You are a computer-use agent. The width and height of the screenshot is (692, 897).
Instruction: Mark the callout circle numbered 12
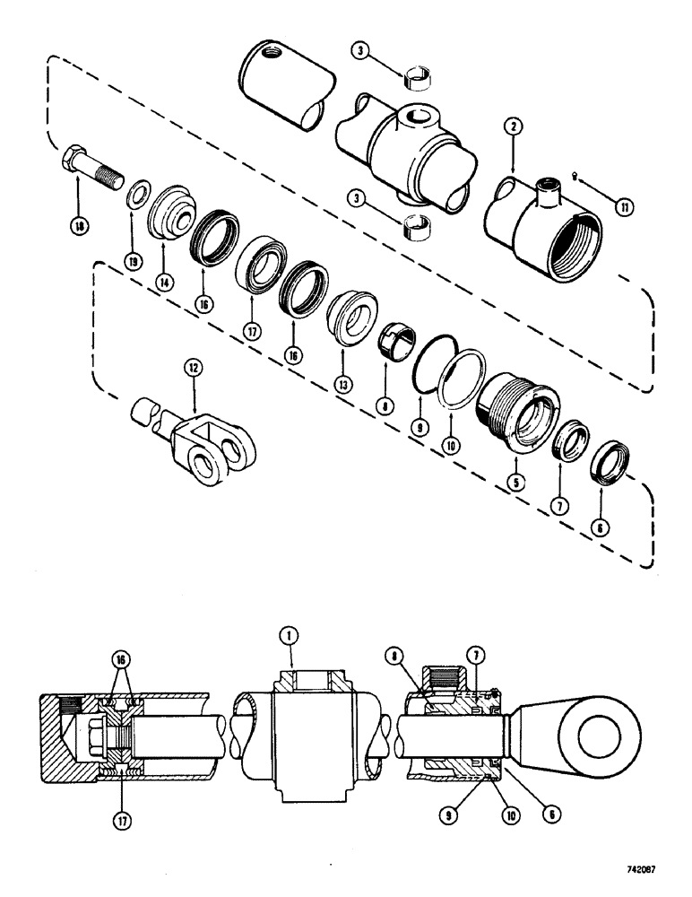(190, 368)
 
